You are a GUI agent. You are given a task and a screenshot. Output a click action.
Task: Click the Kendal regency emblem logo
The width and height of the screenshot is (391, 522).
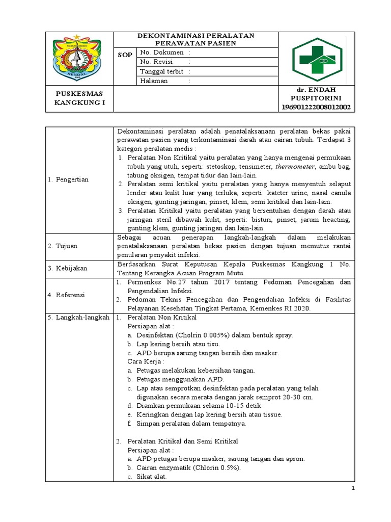click(x=79, y=58)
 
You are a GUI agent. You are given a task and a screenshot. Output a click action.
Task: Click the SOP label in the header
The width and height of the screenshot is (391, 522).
click(x=125, y=54)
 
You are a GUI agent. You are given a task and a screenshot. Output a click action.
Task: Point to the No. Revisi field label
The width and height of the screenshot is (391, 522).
click(x=156, y=62)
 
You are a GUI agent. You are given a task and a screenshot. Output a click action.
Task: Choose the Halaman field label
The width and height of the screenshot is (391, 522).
click(x=153, y=81)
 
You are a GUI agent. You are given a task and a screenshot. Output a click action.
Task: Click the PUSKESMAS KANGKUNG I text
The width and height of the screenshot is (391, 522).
click(x=79, y=98)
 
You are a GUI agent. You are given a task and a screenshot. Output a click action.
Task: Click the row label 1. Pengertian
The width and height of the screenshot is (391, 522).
click(x=68, y=179)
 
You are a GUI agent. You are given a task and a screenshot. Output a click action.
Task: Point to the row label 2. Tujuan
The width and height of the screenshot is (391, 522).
click(x=63, y=246)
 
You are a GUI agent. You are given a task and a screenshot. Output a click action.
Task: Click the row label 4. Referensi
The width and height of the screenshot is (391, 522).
click(x=66, y=294)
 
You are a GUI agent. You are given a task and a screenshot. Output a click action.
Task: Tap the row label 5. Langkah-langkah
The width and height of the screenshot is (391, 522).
click(x=78, y=317)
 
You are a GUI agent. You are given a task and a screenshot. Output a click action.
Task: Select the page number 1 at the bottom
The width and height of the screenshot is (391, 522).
click(x=353, y=488)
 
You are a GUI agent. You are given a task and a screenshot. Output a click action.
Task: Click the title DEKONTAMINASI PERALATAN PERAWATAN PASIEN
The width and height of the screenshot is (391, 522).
click(x=196, y=39)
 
